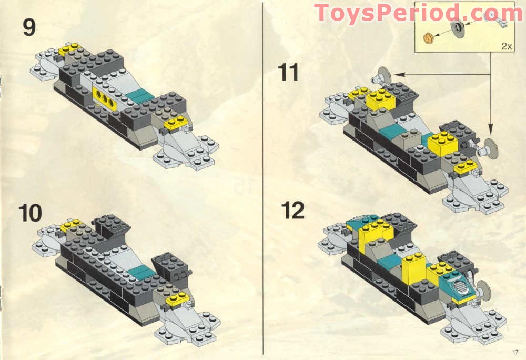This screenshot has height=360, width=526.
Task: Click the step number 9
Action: click(x=29, y=27)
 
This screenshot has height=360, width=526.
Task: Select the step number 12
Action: click(x=292, y=210)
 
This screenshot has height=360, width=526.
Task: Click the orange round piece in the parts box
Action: click(x=428, y=37)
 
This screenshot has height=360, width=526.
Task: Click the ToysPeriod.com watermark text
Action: click(x=418, y=13)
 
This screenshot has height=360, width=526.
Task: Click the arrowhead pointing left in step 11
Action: click(x=392, y=74)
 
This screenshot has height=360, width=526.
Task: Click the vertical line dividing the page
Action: click(x=262, y=179)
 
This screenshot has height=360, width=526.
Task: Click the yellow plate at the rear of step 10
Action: click(x=69, y=226)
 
